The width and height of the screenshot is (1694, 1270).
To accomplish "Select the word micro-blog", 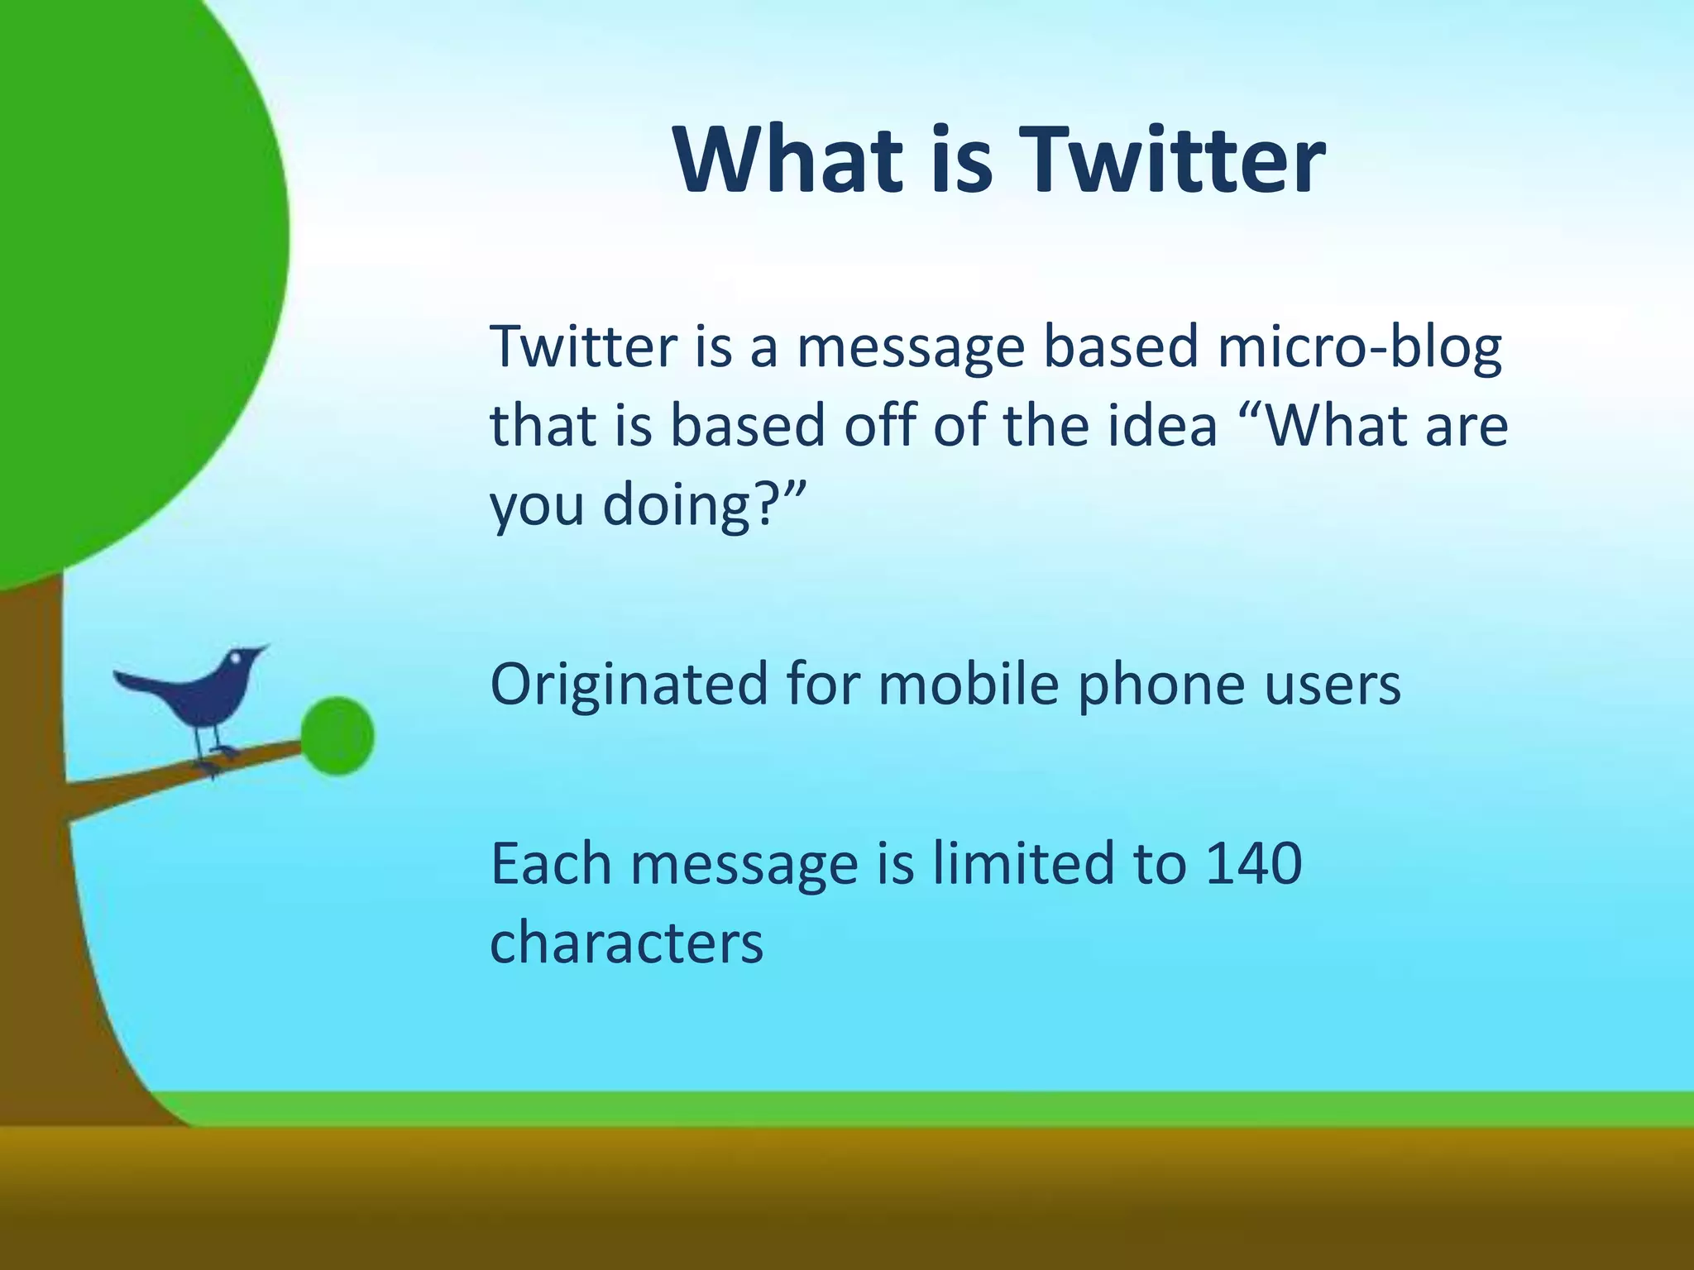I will (x=1359, y=348).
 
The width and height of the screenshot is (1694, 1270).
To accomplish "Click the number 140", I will (x=1254, y=864).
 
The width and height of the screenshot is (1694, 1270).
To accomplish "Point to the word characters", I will (x=626, y=943).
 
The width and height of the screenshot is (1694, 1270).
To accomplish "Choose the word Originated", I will (x=629, y=686).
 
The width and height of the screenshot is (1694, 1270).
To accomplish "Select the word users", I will (x=1333, y=686).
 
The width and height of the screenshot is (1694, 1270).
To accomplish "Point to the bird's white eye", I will (x=236, y=658).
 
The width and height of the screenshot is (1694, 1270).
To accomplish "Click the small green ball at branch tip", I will (x=337, y=736).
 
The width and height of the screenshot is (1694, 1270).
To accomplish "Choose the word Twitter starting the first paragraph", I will (x=583, y=348).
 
